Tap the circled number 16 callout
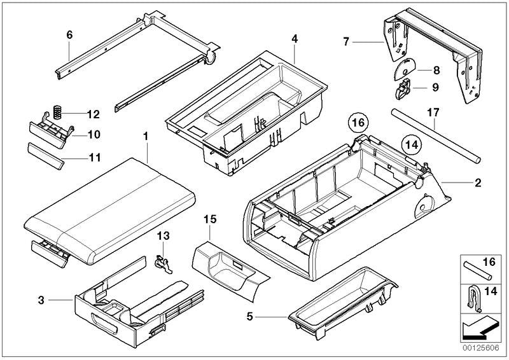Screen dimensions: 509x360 coord(358,123)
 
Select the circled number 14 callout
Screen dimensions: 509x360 coord(412,144)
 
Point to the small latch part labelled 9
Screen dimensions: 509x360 coord(403,88)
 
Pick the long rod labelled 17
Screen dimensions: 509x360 coord(436,136)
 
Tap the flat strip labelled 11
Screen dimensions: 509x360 coord(46,156)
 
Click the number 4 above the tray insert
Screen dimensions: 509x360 coord(295,39)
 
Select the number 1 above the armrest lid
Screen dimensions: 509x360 coord(146,136)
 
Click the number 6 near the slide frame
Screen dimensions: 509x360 coord(69,35)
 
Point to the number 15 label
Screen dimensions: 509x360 coord(210,219)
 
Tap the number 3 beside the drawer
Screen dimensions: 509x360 coord(41,300)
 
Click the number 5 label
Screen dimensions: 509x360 coord(249,316)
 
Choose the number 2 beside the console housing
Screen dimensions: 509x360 coord(478,183)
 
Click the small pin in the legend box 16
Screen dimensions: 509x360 coord(478,270)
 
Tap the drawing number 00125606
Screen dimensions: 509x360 coord(481,348)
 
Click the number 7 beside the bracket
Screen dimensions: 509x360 coord(346,41)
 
